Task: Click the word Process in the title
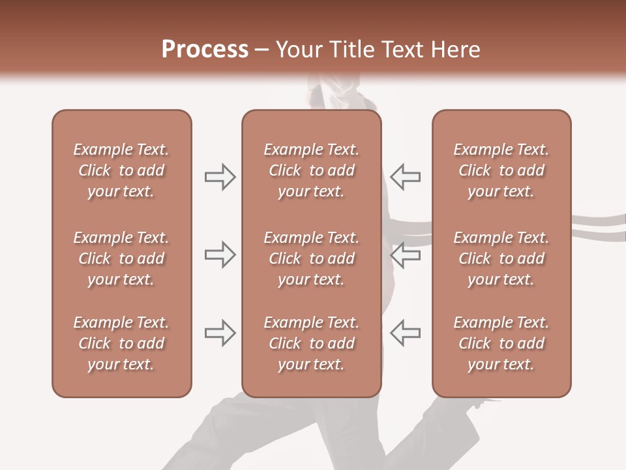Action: (205, 50)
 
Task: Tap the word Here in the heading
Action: (455, 50)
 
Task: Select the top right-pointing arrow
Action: (220, 177)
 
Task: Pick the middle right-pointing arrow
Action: (220, 255)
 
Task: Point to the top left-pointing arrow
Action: (406, 177)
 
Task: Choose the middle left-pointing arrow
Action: (406, 255)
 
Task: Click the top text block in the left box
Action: (121, 170)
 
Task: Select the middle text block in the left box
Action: (121, 258)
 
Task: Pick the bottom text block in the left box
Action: (121, 343)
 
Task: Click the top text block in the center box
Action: (311, 170)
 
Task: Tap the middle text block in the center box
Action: (311, 258)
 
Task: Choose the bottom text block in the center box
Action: (311, 343)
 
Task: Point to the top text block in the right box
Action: (501, 170)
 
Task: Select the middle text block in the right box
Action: (501, 258)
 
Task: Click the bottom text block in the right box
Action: (501, 343)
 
